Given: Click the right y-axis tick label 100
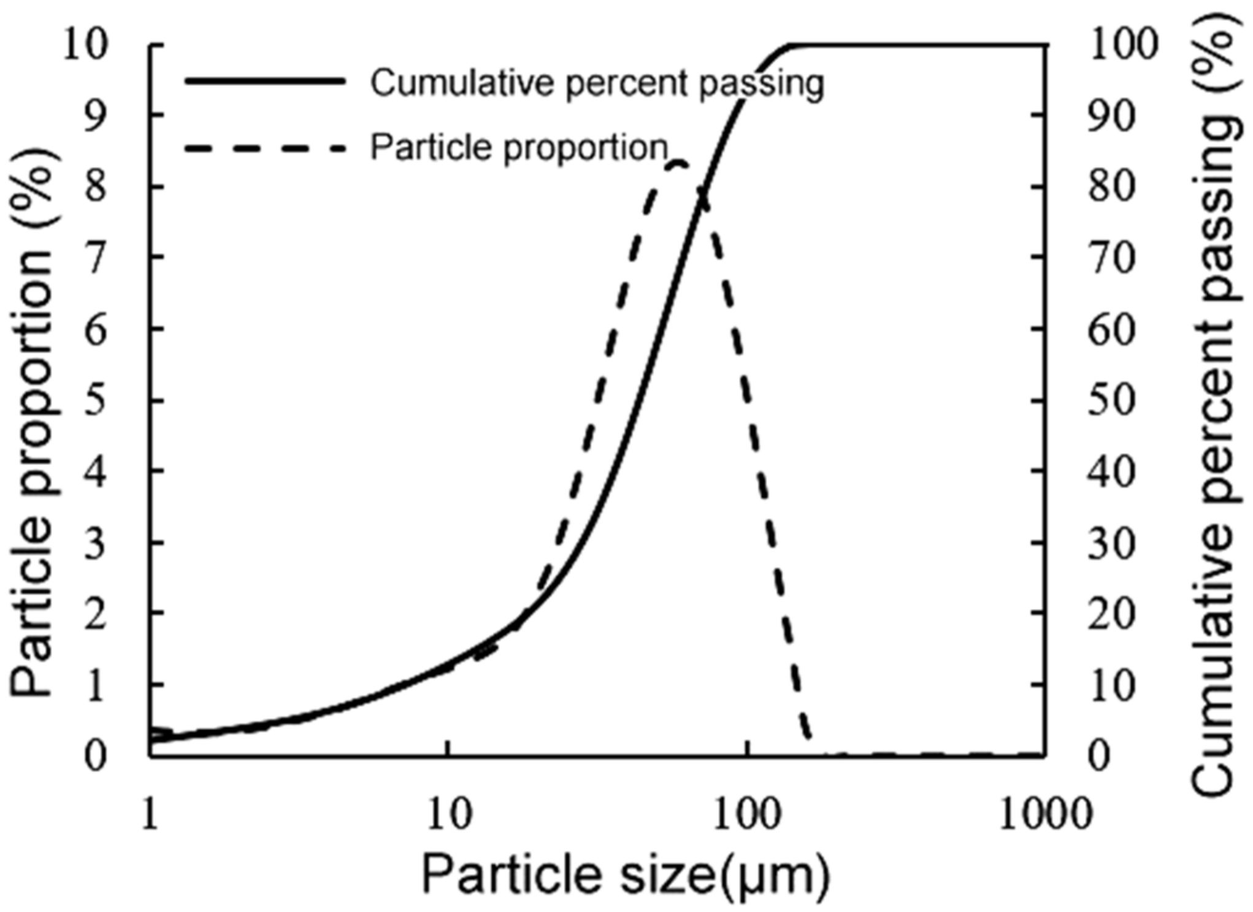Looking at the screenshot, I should click(1123, 45).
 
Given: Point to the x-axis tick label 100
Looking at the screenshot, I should click(746, 814).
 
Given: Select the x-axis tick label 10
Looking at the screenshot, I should click(450, 814).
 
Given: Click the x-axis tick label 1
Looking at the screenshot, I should click(150, 814).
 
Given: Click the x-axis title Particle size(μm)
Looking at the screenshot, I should click(626, 875).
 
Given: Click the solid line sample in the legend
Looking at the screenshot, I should click(265, 81).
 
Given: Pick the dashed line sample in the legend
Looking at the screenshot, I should click(265, 148).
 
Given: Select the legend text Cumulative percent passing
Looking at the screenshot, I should click(597, 83).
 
